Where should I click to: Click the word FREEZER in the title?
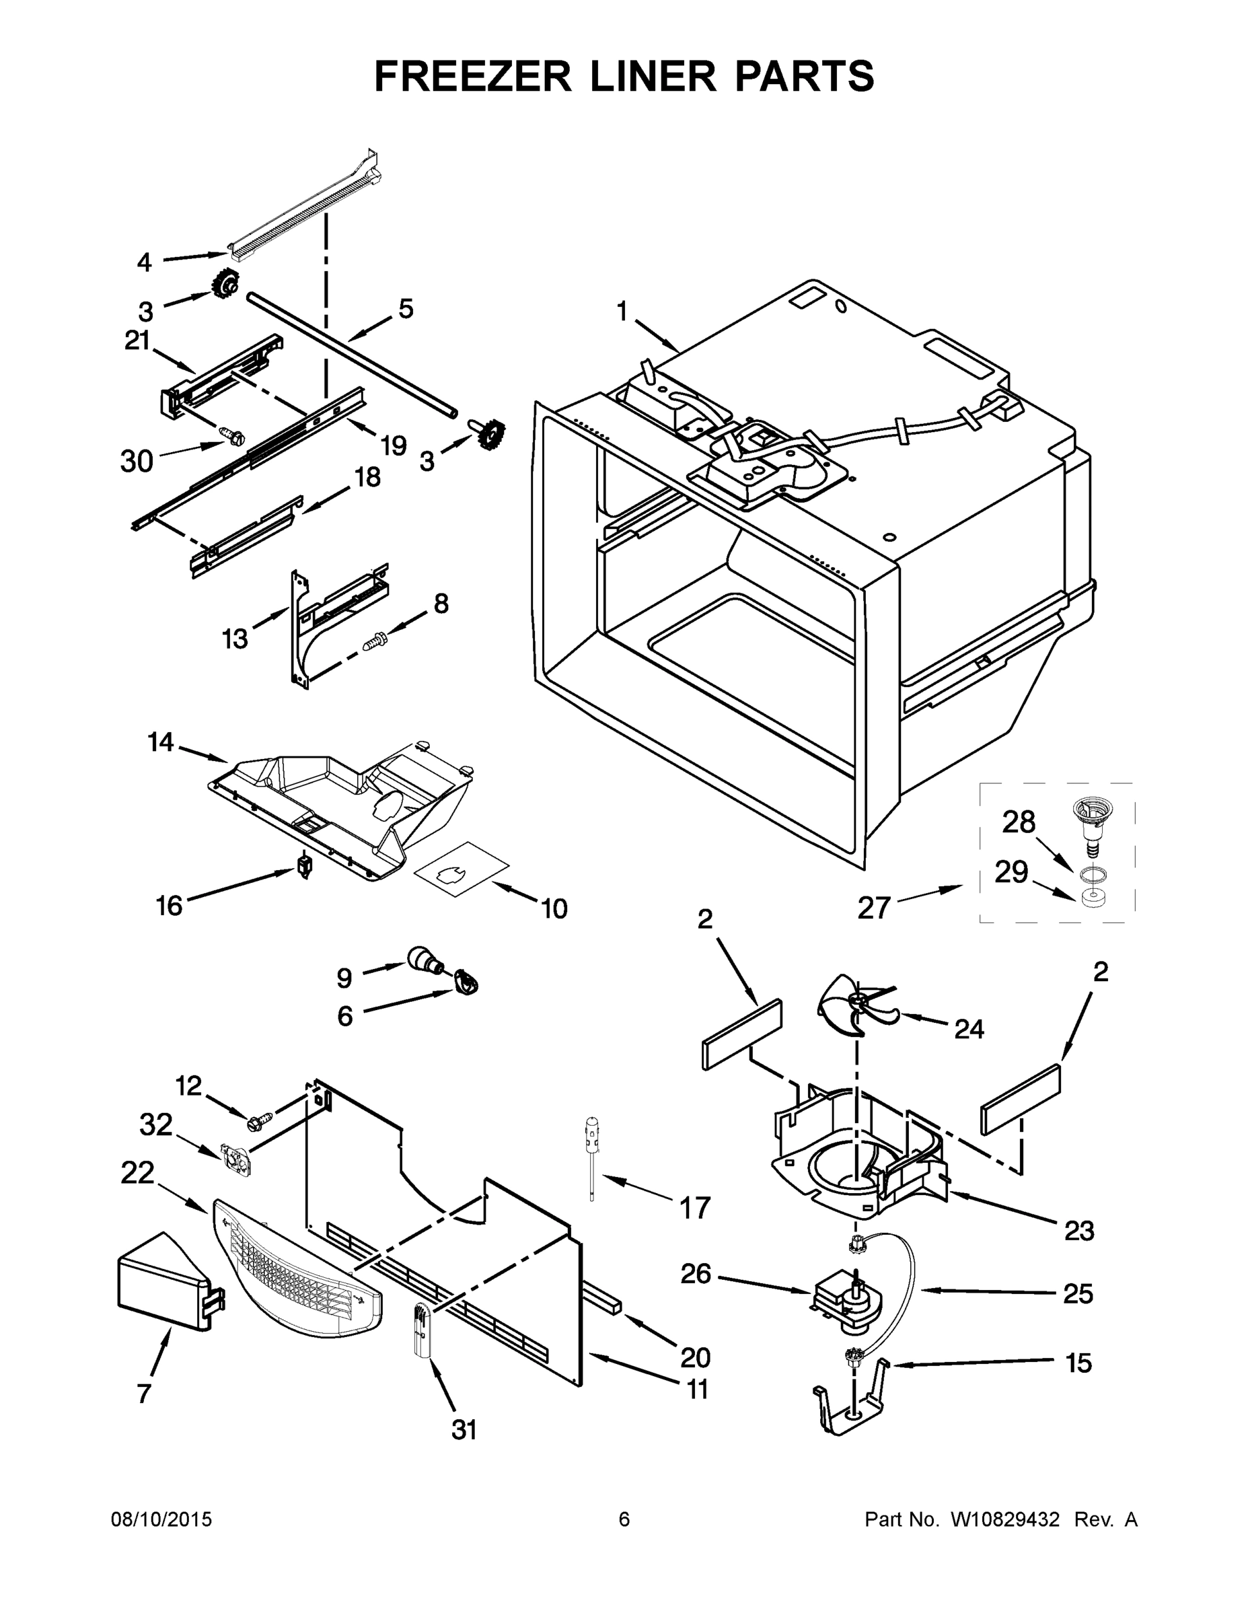(x=473, y=76)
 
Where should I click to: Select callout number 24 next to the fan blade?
(x=969, y=1029)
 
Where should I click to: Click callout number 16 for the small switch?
(x=170, y=905)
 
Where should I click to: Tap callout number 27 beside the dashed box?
(x=873, y=907)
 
